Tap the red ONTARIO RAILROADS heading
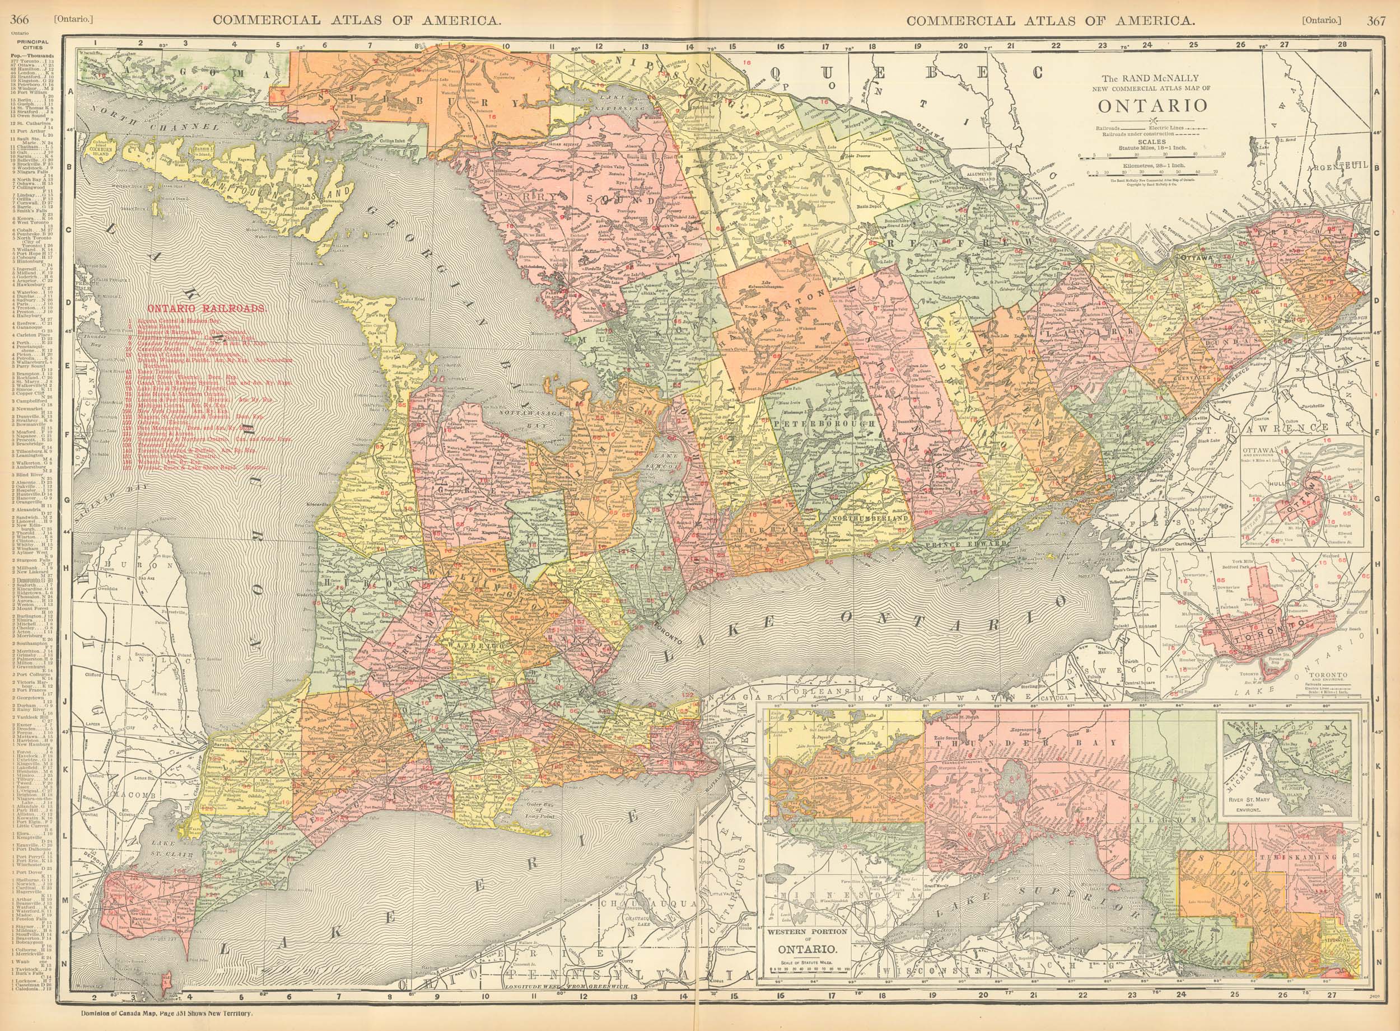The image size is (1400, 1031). pyautogui.click(x=207, y=308)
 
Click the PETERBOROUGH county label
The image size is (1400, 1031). pyautogui.click(x=826, y=424)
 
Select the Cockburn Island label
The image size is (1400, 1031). pyautogui.click(x=102, y=152)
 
